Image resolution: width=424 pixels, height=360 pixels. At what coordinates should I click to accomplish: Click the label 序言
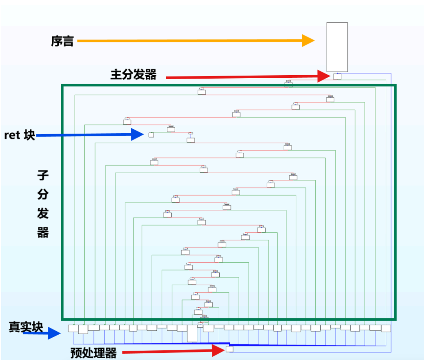[62, 41]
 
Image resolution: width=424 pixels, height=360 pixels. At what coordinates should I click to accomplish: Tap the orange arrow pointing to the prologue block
[196, 41]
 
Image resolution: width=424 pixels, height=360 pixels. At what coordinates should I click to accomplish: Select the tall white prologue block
[337, 47]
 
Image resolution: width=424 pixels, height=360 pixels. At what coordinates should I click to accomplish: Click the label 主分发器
[133, 74]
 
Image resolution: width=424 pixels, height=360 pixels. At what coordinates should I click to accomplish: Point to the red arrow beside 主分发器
[248, 76]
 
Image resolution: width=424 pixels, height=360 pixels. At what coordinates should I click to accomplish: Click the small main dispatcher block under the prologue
[337, 76]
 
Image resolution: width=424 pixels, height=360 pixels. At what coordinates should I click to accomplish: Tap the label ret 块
[20, 135]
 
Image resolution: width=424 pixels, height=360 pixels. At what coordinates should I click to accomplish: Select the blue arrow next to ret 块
[90, 135]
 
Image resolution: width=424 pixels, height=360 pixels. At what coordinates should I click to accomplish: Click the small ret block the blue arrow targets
[151, 135]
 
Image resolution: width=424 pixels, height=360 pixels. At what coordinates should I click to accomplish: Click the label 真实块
[26, 327]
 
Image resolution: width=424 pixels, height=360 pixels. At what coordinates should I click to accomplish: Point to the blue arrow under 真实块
[42, 333]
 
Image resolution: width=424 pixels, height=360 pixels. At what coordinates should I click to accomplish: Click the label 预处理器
[94, 353]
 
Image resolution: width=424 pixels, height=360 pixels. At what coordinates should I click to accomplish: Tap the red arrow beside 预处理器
[173, 351]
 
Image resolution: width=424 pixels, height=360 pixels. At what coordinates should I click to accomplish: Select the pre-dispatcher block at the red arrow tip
[229, 349]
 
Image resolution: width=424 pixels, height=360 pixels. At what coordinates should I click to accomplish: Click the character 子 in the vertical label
[43, 175]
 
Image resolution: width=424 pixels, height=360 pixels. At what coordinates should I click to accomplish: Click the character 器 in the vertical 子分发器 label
[43, 232]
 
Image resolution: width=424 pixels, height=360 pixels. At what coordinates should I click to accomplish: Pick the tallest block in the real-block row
[192, 333]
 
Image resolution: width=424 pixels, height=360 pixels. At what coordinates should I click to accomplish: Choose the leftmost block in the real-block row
[73, 328]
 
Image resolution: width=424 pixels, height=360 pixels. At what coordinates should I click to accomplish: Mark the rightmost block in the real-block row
[386, 328]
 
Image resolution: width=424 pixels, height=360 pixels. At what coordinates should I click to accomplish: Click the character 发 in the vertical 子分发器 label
[43, 213]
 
